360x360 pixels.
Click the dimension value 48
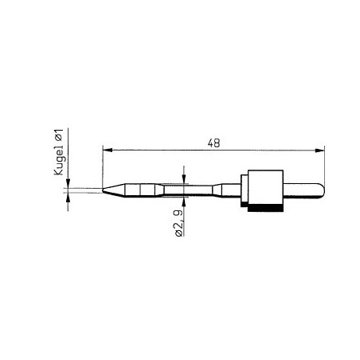(x=213, y=143)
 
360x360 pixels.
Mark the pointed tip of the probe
(x=104, y=190)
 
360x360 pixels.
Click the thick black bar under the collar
(x=265, y=209)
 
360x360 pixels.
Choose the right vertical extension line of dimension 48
(x=324, y=163)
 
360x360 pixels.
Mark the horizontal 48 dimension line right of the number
(x=271, y=149)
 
